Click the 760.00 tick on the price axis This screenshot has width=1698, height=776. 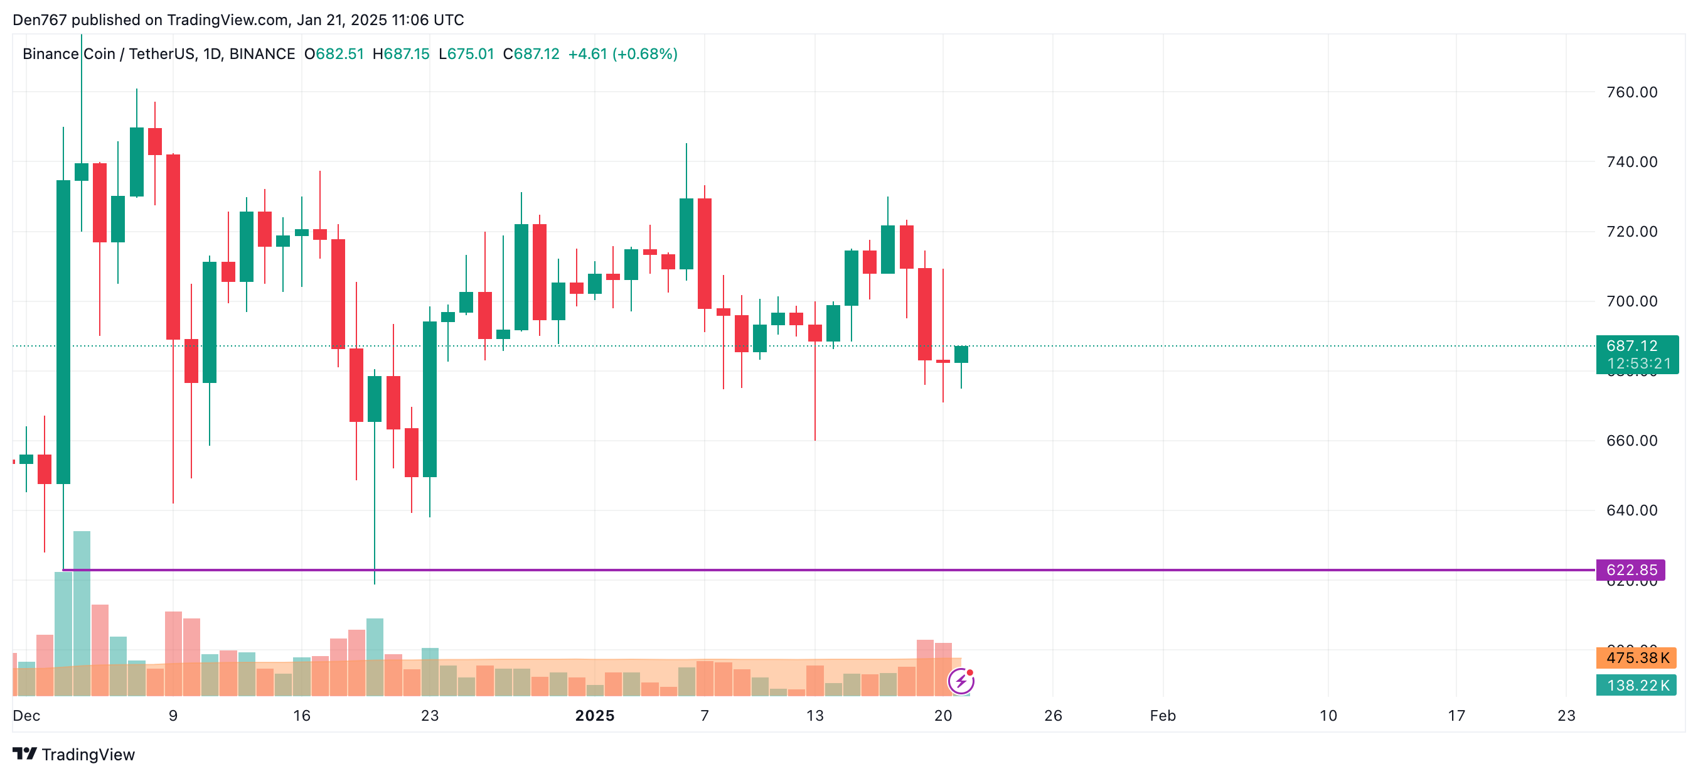tap(1631, 92)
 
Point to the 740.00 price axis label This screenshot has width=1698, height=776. tap(1631, 162)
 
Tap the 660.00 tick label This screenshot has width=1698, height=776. tap(1631, 440)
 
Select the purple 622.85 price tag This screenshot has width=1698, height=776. tap(1630, 569)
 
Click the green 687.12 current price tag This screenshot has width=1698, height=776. tap(1637, 354)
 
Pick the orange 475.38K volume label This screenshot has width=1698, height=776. tap(1636, 657)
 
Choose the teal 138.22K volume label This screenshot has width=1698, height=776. tap(1636, 685)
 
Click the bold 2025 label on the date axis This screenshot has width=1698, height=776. tap(595, 715)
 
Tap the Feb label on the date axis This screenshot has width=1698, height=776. tap(1163, 715)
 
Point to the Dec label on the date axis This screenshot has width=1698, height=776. tap(26, 715)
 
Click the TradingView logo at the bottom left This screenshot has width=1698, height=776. tap(74, 754)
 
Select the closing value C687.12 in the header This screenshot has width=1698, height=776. tap(531, 54)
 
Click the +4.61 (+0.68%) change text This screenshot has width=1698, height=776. tap(622, 54)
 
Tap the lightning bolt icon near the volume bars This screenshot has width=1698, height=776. tap(961, 681)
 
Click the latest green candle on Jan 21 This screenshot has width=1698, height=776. tap(961, 355)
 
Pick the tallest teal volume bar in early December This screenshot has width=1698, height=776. tap(82, 613)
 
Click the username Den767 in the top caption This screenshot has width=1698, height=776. tap(40, 20)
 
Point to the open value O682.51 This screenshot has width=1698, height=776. tap(334, 54)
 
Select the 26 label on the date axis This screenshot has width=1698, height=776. tap(1054, 715)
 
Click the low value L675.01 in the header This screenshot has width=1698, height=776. tap(467, 54)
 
